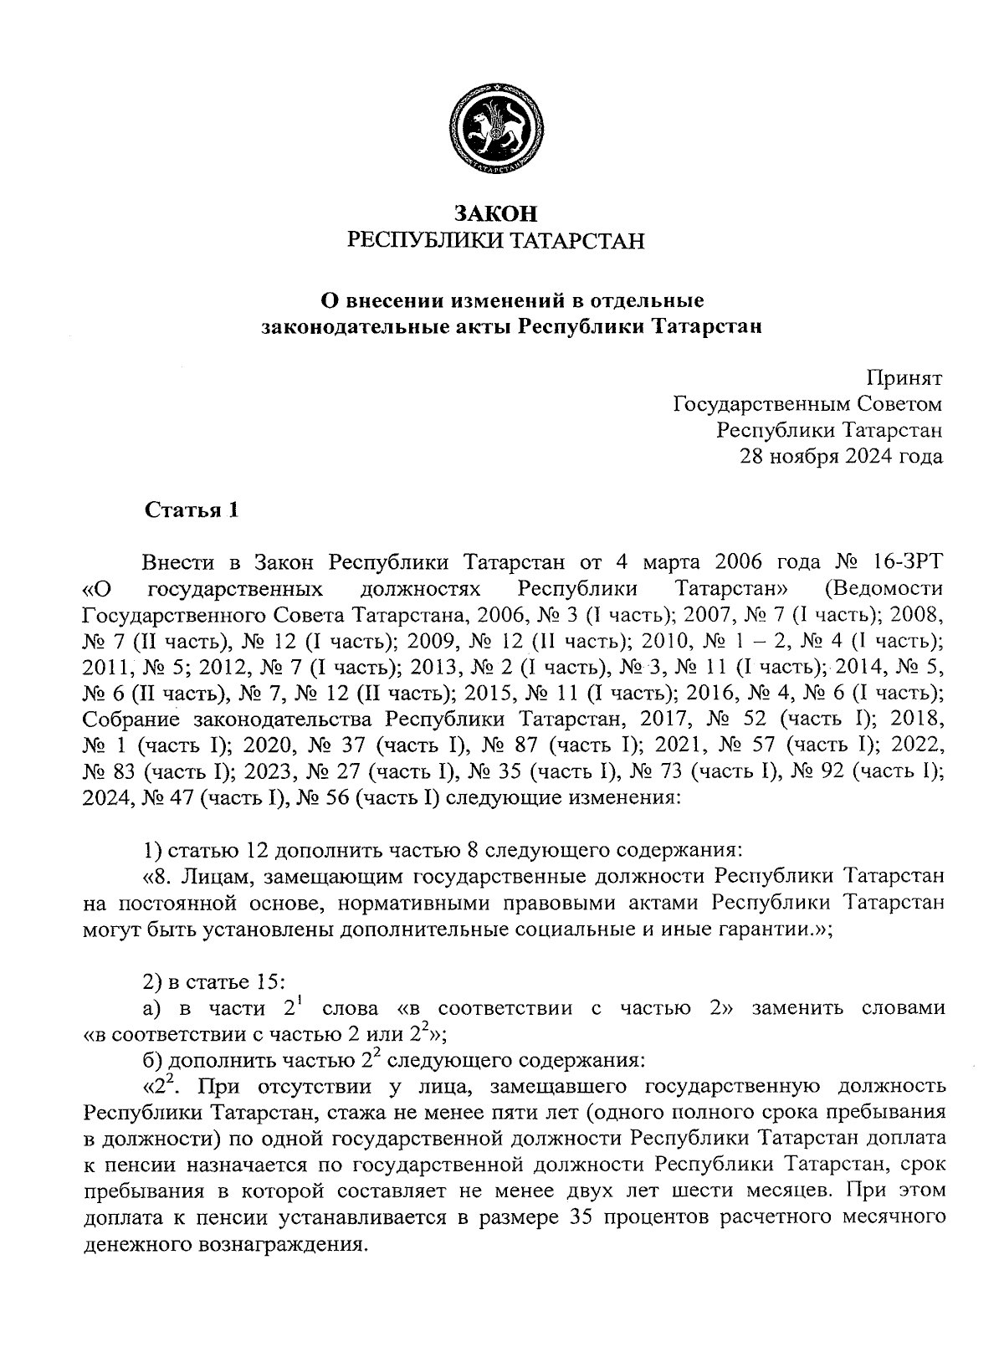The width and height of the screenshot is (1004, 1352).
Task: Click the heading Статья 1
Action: [192, 510]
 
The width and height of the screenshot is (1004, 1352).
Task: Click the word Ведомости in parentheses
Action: [884, 587]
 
